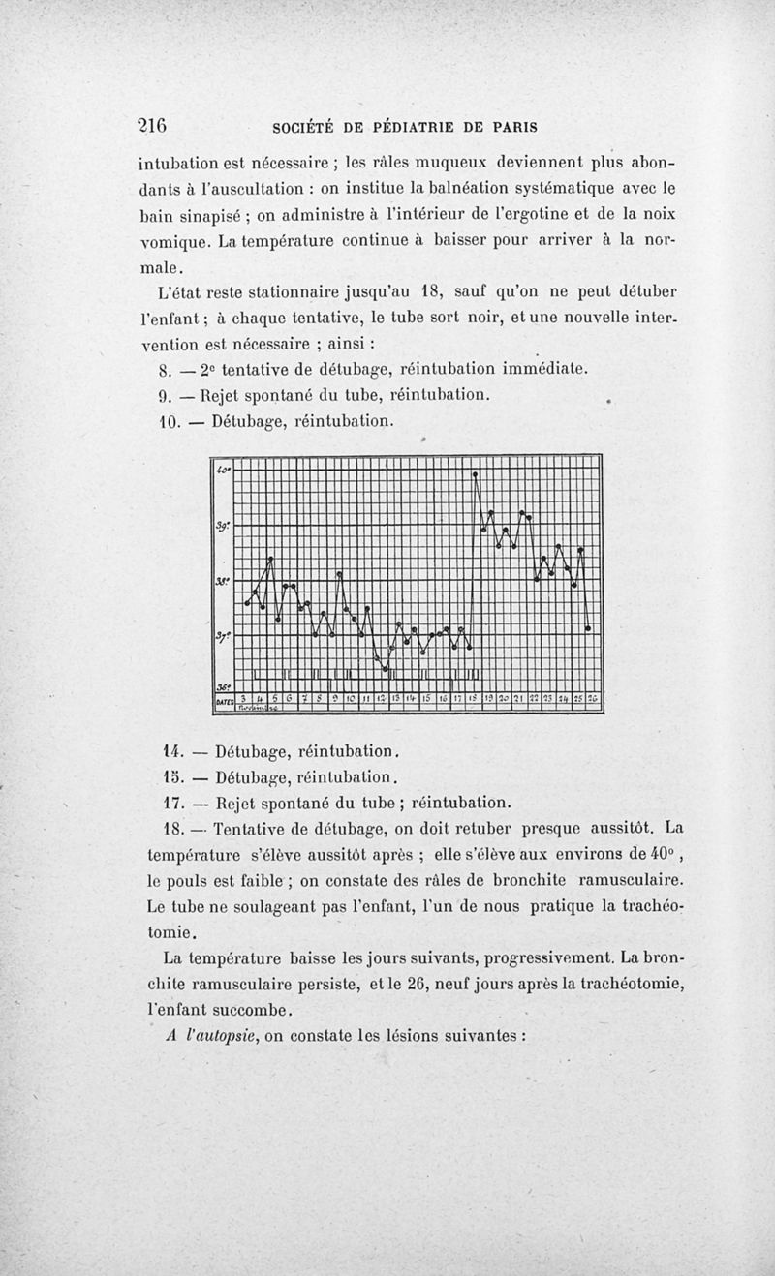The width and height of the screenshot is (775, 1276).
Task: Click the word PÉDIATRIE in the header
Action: click(419, 127)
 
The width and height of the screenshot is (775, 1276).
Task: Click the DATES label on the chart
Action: click(224, 699)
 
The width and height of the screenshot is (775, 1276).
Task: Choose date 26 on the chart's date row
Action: click(593, 698)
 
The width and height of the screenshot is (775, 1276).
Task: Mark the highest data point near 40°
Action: click(475, 474)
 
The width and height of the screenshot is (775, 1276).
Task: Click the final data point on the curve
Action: click(588, 629)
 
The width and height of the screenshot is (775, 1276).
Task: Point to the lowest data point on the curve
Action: click(385, 668)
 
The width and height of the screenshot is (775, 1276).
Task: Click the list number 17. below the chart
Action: click(170, 802)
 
